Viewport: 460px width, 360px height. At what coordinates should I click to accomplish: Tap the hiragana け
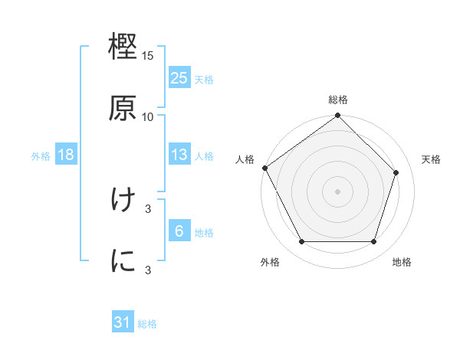click(x=123, y=201)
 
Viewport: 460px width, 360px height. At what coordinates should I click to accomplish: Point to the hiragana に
click(x=123, y=260)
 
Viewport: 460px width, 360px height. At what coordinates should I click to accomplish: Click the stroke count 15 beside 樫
click(x=148, y=57)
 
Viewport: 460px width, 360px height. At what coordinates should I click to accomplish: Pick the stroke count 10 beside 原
click(x=148, y=116)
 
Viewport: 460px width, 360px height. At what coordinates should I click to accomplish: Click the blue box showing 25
click(x=179, y=78)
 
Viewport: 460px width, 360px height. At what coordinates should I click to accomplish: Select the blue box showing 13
click(x=179, y=155)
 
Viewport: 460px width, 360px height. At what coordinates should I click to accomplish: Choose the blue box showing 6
click(x=179, y=231)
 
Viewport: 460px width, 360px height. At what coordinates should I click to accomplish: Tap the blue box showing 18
click(x=66, y=155)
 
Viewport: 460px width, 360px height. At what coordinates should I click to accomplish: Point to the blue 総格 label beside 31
click(x=147, y=324)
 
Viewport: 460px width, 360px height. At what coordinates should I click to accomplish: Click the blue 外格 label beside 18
click(x=41, y=155)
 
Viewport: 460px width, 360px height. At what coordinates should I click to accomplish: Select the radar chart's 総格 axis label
click(x=338, y=100)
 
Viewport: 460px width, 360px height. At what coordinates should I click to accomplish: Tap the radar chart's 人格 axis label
click(x=245, y=159)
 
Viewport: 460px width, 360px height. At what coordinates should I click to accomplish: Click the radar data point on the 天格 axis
click(x=396, y=172)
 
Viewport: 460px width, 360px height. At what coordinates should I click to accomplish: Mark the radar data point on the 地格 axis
click(x=374, y=242)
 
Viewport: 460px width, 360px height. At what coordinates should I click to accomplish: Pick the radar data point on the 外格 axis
click(x=301, y=242)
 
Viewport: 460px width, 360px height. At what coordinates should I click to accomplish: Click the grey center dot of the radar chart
click(x=338, y=191)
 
